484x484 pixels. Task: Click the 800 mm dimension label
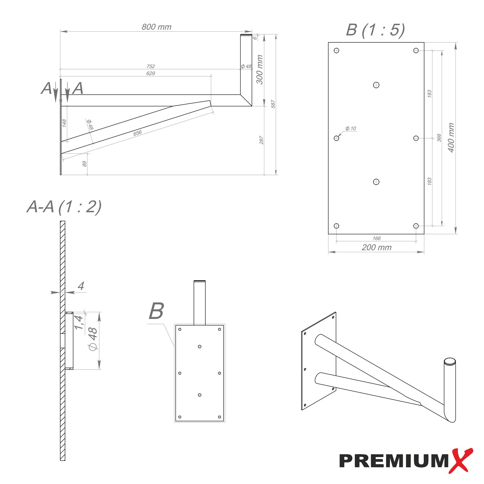[156, 27]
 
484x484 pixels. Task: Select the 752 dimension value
[151, 66]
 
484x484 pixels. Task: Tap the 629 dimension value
[151, 73]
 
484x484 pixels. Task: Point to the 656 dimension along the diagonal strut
[137, 133]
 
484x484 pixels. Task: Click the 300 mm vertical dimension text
[260, 69]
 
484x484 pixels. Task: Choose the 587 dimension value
[273, 104]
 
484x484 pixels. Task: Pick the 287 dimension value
[261, 140]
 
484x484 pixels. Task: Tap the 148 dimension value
[64, 123]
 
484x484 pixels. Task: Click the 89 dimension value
[85, 164]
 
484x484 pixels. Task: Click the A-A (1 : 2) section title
[64, 207]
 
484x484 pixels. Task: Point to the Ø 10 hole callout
[350, 129]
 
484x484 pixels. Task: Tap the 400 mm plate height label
[451, 137]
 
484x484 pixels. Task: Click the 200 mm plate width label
[376, 248]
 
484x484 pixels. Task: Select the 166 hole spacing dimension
[376, 238]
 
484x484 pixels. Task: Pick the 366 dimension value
[439, 138]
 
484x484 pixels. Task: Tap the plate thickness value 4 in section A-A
[81, 286]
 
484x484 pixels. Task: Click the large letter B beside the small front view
[156, 311]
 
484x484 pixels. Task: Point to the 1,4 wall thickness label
[79, 323]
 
